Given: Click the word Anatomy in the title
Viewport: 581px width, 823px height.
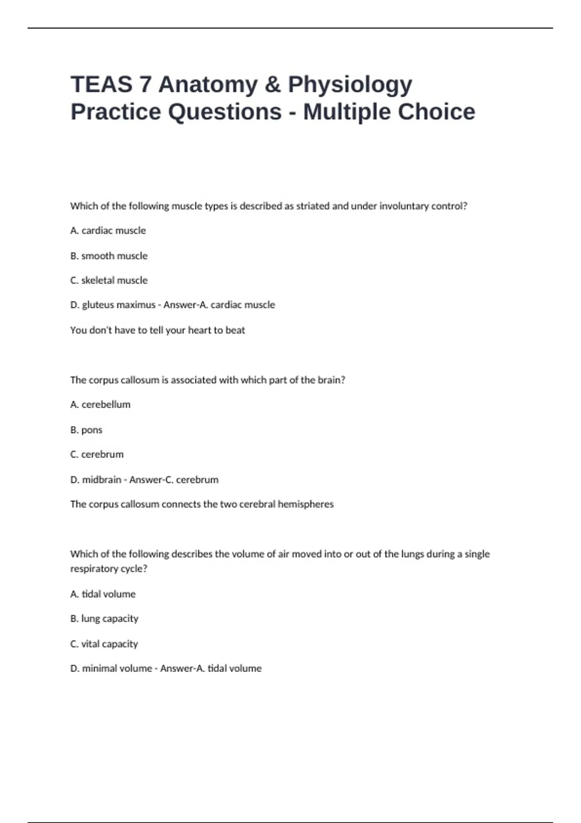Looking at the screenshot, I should (x=208, y=84).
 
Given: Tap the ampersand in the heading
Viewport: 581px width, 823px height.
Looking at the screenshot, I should (x=273, y=84).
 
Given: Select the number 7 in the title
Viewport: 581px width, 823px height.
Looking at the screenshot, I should (x=145, y=84).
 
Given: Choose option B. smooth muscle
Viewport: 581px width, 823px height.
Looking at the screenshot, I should (x=109, y=256).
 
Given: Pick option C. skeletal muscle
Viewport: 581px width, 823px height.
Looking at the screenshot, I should (x=109, y=280).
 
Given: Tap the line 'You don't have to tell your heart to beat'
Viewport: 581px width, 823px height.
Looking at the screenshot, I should (x=157, y=330).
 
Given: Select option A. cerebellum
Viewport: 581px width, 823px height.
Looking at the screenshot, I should (x=100, y=405).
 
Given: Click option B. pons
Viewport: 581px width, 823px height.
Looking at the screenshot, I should (x=86, y=430).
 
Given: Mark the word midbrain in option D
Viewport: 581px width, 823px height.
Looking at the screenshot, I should (x=101, y=480).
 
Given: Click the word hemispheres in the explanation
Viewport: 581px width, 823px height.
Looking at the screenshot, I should (x=306, y=504).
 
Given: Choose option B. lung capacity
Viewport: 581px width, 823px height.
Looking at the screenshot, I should (x=104, y=619).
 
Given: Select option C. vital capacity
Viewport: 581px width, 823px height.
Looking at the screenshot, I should (x=104, y=644).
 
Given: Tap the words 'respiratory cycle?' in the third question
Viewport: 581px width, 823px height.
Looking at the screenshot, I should (x=108, y=569).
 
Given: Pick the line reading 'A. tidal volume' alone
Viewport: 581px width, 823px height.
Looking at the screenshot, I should (x=103, y=594).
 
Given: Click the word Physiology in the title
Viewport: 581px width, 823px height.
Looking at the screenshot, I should (x=350, y=84).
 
